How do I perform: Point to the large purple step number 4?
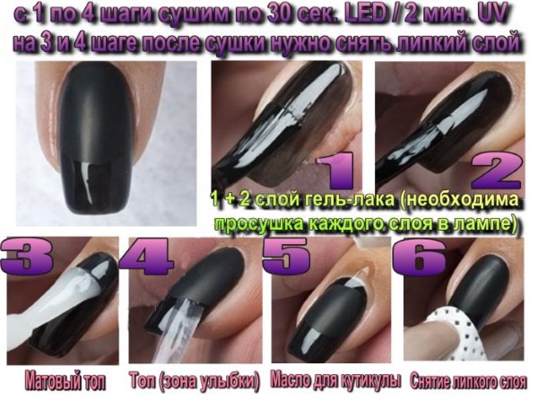145,255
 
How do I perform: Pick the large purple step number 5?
286,255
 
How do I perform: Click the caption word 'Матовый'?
52,381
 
